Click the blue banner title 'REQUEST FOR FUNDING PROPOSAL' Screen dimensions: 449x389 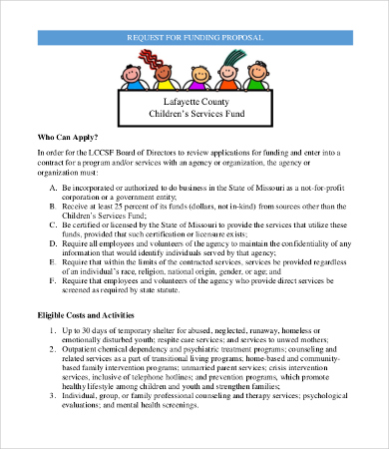(194, 37)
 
